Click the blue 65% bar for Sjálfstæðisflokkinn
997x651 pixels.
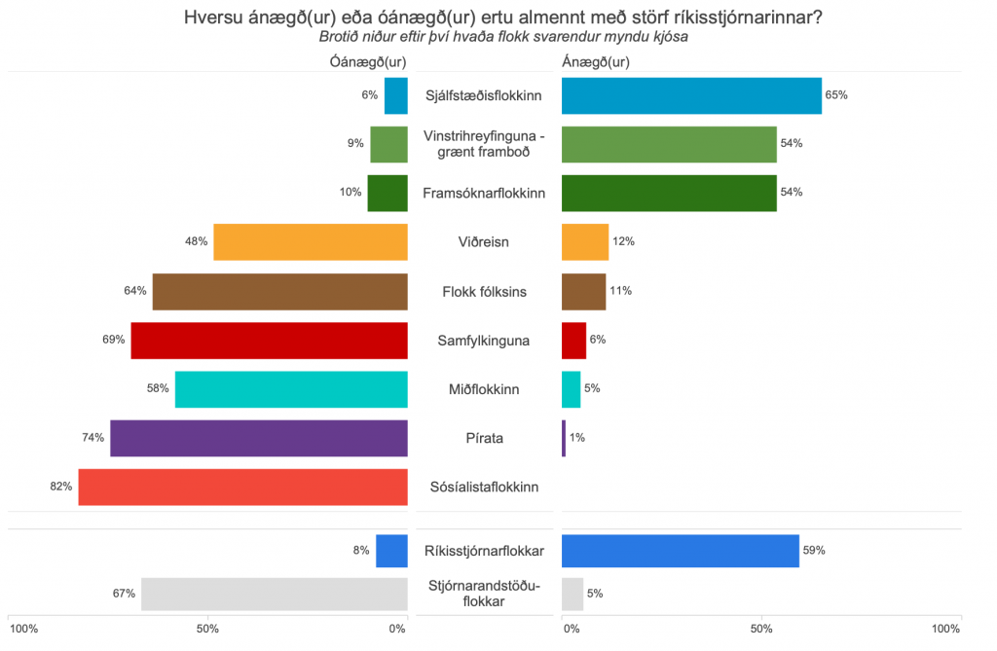[691, 95]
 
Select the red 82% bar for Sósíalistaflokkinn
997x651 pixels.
[242, 487]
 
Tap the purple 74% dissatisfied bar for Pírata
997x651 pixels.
[258, 438]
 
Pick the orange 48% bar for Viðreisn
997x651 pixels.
[310, 241]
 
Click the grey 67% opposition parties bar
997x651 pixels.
[274, 594]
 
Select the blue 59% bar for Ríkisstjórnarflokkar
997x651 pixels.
[680, 551]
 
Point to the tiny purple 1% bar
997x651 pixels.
[564, 438]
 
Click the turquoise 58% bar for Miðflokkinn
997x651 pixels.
[290, 389]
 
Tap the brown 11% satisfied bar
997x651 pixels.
[584, 291]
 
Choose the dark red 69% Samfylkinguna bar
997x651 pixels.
[269, 341]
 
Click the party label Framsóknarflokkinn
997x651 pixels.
[484, 193]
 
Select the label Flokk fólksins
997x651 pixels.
[484, 291]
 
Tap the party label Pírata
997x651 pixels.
[484, 438]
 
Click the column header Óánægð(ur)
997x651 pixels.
[368, 62]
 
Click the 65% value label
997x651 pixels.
[836, 95]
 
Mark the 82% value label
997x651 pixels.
[61, 487]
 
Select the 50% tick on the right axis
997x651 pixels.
[761, 630]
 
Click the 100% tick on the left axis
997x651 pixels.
[23, 630]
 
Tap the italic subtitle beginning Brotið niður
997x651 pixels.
[503, 38]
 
